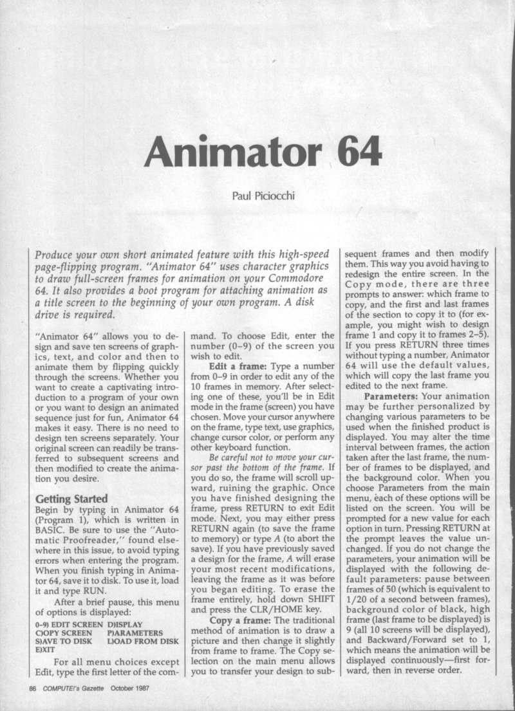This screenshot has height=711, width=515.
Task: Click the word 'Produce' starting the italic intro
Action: pyautogui.click(x=57, y=255)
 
